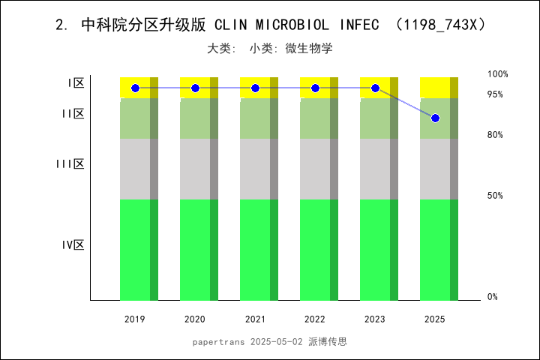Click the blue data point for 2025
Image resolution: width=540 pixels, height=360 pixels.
[x=435, y=118]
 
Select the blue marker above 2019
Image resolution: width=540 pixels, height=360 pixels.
[x=135, y=88]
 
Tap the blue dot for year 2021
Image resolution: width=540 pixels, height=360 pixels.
[x=255, y=88]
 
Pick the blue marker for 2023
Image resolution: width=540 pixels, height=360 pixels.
[x=375, y=88]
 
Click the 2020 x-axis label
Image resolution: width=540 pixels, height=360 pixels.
[x=195, y=319]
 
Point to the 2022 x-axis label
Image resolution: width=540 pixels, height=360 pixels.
[x=315, y=319]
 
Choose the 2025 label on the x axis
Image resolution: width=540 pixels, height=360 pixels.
[x=435, y=319]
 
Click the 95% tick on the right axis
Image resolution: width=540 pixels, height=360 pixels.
[x=495, y=94]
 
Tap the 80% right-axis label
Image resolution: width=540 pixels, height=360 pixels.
[x=495, y=135]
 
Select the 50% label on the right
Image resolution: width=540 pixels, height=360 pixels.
[x=495, y=196]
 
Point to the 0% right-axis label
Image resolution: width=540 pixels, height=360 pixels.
[x=493, y=297]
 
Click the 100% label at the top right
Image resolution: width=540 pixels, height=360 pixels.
[x=498, y=74]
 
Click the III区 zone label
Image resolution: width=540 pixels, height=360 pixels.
[x=70, y=164]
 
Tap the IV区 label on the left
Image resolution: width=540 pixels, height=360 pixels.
[x=73, y=245]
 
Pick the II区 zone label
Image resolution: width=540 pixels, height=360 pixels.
[x=73, y=114]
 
